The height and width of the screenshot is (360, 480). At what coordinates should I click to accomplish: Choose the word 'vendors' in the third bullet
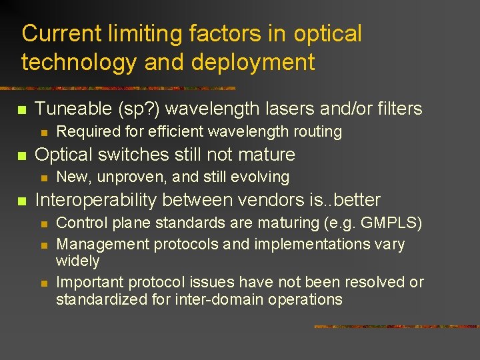click(257, 200)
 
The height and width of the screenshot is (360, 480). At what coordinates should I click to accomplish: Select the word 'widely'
click(78, 261)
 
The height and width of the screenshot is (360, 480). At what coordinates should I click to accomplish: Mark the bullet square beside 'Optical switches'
click(21, 155)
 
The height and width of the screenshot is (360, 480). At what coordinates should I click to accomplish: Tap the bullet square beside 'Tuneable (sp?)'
click(21, 109)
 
